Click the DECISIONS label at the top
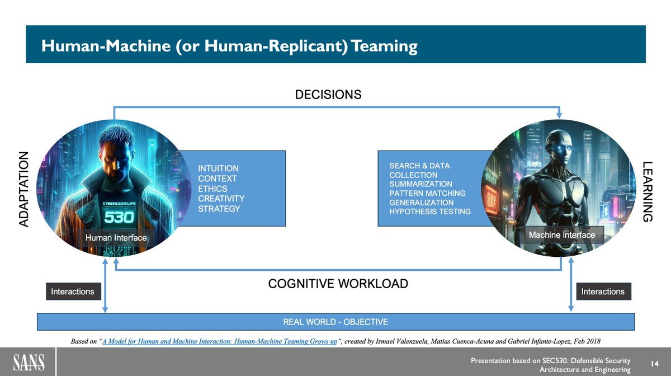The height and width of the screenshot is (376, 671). tap(328, 95)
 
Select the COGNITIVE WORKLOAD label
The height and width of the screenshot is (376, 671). tap(338, 284)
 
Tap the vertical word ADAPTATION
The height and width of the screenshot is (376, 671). tap(23, 189)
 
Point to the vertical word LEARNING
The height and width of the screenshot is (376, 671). tap(647, 191)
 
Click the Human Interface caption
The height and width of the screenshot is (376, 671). tap(116, 238)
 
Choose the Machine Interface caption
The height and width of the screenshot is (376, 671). tap(561, 235)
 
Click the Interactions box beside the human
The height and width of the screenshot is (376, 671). tap(73, 292)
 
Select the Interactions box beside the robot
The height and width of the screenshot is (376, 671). tap(603, 292)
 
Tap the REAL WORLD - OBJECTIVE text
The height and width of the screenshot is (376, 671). tap(335, 322)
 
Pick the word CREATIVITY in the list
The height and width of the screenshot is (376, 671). tap(221, 199)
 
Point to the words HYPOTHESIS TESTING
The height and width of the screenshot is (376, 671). tap(430, 211)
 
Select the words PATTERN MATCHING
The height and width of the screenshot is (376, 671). tap(427, 193)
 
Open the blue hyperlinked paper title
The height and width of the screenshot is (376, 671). tap(219, 341)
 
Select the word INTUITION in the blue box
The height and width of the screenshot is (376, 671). tap(218, 168)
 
